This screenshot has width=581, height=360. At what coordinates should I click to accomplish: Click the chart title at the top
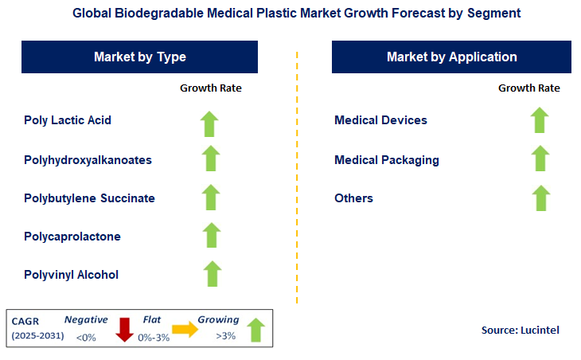point(290,14)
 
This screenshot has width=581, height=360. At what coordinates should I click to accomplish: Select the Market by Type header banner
point(140,57)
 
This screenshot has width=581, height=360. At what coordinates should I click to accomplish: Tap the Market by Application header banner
point(451,57)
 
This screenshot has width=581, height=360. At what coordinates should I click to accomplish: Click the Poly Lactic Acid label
point(68,120)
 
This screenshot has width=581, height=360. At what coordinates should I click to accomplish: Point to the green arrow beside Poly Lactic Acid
point(211,123)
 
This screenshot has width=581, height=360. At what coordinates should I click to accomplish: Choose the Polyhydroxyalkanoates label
point(88,160)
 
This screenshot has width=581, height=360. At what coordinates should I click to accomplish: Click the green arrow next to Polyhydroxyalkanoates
point(211,158)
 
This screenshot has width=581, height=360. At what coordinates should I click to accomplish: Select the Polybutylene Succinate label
point(89,198)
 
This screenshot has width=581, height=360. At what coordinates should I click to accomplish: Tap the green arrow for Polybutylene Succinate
point(211,197)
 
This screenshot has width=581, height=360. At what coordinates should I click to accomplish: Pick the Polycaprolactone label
point(72,237)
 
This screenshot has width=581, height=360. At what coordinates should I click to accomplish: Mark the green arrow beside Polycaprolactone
point(211,235)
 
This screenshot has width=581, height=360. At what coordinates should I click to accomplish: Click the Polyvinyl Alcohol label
point(72,275)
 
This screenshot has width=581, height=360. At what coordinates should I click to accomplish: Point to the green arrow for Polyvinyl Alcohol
point(211,273)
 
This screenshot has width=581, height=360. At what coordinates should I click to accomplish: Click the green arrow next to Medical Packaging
point(540,158)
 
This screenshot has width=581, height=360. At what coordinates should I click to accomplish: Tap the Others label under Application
point(353,198)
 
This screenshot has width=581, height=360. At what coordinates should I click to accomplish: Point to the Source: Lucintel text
point(520,330)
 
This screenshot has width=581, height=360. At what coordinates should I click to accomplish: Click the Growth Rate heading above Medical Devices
point(528,88)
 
